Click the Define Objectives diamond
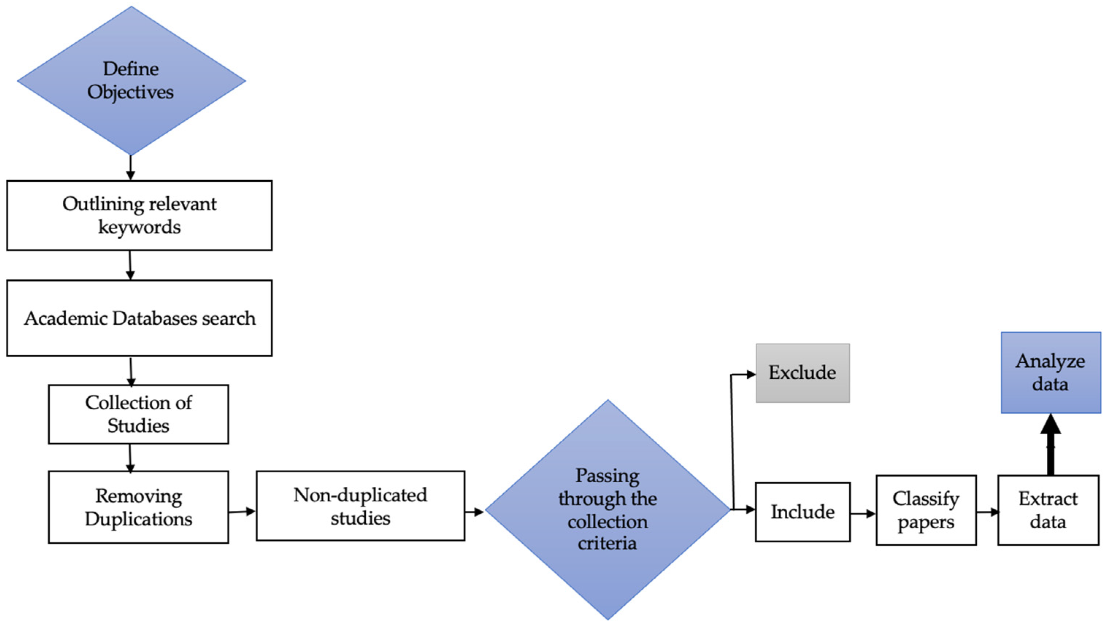pos(131,81)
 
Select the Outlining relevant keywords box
pos(139,215)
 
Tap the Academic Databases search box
pos(139,318)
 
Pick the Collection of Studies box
pos(138,414)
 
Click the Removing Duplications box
pos(138,507)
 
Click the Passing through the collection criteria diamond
pos(607,510)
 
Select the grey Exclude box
pos(802,373)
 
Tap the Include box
pos(802,512)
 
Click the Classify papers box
pos(926,510)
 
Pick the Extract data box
pos(1048,510)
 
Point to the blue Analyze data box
pos(1050,373)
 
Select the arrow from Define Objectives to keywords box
pos(131,167)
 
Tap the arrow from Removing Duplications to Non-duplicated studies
pos(242,512)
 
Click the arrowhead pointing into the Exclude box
pos(751,375)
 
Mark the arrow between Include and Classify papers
pos(863,514)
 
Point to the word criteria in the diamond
pos(607,544)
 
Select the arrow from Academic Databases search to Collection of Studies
pos(131,371)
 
